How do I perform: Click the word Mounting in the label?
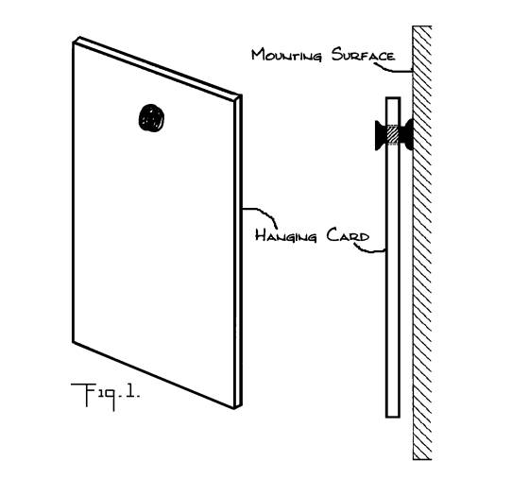[x=286, y=55]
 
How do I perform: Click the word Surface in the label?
[x=363, y=54]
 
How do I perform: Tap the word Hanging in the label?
[x=286, y=235]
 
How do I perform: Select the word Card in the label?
[x=348, y=235]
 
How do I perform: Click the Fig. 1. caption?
[x=105, y=395]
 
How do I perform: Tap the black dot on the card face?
[x=151, y=118]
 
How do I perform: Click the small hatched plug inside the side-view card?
[x=393, y=135]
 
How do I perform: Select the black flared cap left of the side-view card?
[x=381, y=135]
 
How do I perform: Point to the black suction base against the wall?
[x=406, y=134]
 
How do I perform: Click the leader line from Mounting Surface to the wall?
[x=393, y=70]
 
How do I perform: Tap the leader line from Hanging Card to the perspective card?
[x=262, y=214]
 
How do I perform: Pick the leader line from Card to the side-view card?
[x=368, y=248]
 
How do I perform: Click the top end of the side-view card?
[x=393, y=98]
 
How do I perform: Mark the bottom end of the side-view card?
[x=393, y=417]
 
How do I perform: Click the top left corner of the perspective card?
[x=74, y=43]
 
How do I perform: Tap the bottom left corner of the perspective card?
[x=74, y=342]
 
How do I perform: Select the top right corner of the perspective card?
[x=241, y=95]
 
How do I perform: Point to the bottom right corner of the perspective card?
[x=235, y=408]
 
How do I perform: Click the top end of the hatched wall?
[x=422, y=26]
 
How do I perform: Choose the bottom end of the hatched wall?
[x=422, y=459]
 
